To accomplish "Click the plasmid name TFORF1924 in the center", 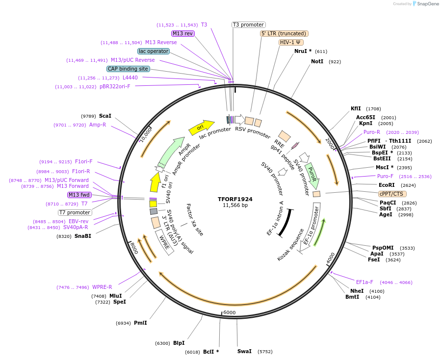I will pyautogui.click(x=235, y=199).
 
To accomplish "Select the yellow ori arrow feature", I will pyautogui.click(x=201, y=127).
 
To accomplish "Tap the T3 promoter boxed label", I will pyautogui.click(x=248, y=25).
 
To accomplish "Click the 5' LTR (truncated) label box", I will pyautogui.click(x=284, y=33).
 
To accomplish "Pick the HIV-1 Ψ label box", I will pyautogui.click(x=290, y=42).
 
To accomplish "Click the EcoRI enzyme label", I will pyautogui.click(x=387, y=185).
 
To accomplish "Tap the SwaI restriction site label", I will pyautogui.click(x=244, y=351).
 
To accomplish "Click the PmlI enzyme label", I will pyautogui.click(x=140, y=323).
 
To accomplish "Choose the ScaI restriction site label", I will pyautogui.click(x=105, y=116).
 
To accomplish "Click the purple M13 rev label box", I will pyautogui.click(x=182, y=33).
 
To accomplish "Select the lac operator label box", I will pyautogui.click(x=154, y=51).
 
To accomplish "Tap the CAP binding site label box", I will pyautogui.click(x=128, y=69).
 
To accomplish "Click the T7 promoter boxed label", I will pyautogui.click(x=75, y=212).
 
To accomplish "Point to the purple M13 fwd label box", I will pyautogui.click(x=79, y=195).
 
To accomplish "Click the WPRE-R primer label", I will pyautogui.click(x=102, y=287).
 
